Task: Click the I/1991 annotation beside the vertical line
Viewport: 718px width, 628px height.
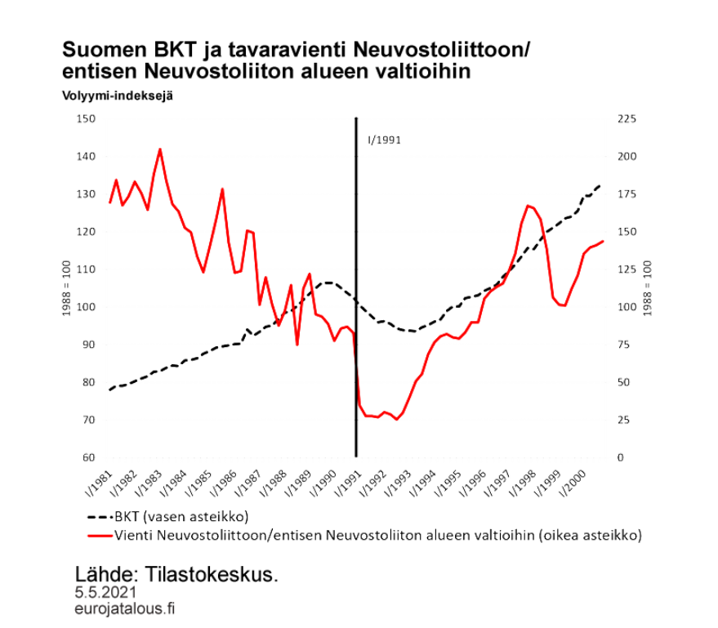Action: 385,139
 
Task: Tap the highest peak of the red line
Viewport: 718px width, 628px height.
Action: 160,149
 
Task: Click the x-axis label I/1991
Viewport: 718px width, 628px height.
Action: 348,483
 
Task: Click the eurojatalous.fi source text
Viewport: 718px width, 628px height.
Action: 124,608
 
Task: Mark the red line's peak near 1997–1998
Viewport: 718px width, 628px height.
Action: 528,204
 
